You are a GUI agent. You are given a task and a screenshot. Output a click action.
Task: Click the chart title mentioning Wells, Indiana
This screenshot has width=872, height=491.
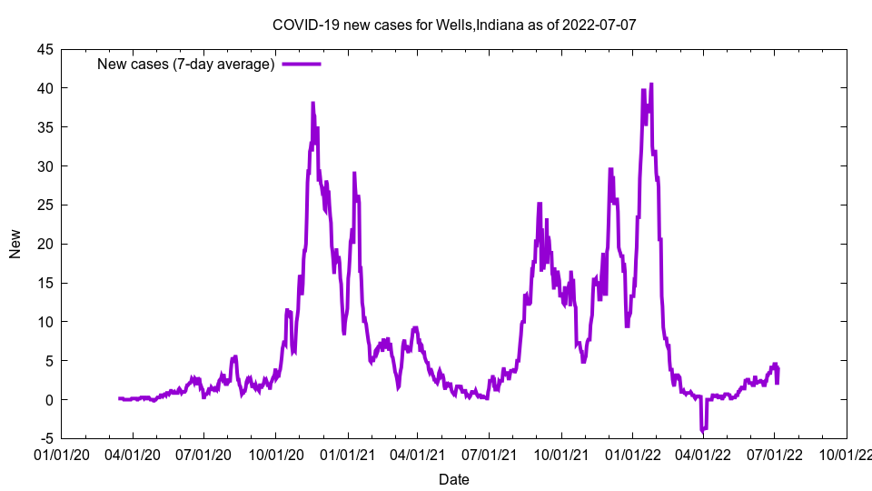click(454, 25)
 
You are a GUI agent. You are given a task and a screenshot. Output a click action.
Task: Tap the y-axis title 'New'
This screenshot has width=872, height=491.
click(15, 244)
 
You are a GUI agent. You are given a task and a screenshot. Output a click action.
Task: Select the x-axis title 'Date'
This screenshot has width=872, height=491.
click(454, 479)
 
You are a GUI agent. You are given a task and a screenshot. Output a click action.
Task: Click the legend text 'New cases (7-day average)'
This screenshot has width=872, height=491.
click(185, 65)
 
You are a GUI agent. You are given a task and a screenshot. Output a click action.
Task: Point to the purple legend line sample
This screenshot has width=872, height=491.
click(302, 65)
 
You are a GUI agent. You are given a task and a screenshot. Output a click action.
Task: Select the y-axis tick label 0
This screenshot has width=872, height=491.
click(50, 400)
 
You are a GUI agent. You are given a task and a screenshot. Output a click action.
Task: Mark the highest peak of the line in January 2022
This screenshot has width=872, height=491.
click(651, 85)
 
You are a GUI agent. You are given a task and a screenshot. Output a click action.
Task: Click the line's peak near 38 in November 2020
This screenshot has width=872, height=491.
click(312, 104)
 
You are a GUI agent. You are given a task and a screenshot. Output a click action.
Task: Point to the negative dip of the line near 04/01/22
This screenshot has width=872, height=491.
click(702, 430)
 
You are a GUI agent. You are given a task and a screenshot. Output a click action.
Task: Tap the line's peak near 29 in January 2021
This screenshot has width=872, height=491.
click(354, 173)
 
